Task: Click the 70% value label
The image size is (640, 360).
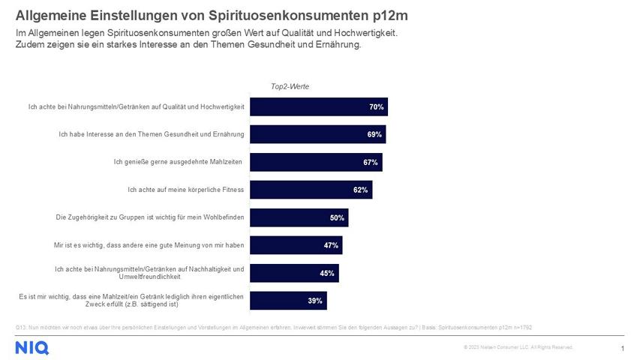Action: point(376,107)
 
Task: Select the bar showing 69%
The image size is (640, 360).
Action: point(317,135)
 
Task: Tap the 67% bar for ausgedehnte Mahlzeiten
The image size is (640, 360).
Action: point(316,163)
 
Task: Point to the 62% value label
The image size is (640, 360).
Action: point(360,190)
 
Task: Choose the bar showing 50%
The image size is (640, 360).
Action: point(299,218)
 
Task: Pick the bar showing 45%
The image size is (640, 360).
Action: point(294,273)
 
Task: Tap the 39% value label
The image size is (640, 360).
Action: point(315,301)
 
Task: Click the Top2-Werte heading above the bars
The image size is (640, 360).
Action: point(290,87)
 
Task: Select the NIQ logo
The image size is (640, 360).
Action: point(32,347)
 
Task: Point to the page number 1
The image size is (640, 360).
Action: point(623,349)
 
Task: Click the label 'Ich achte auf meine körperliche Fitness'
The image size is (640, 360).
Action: point(186,190)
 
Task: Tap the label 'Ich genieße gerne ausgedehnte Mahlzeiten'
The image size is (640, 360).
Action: point(179,163)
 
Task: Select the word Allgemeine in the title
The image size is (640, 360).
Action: point(49,15)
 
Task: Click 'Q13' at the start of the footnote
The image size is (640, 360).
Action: point(20,328)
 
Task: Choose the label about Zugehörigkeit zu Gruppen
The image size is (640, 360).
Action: point(150,218)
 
